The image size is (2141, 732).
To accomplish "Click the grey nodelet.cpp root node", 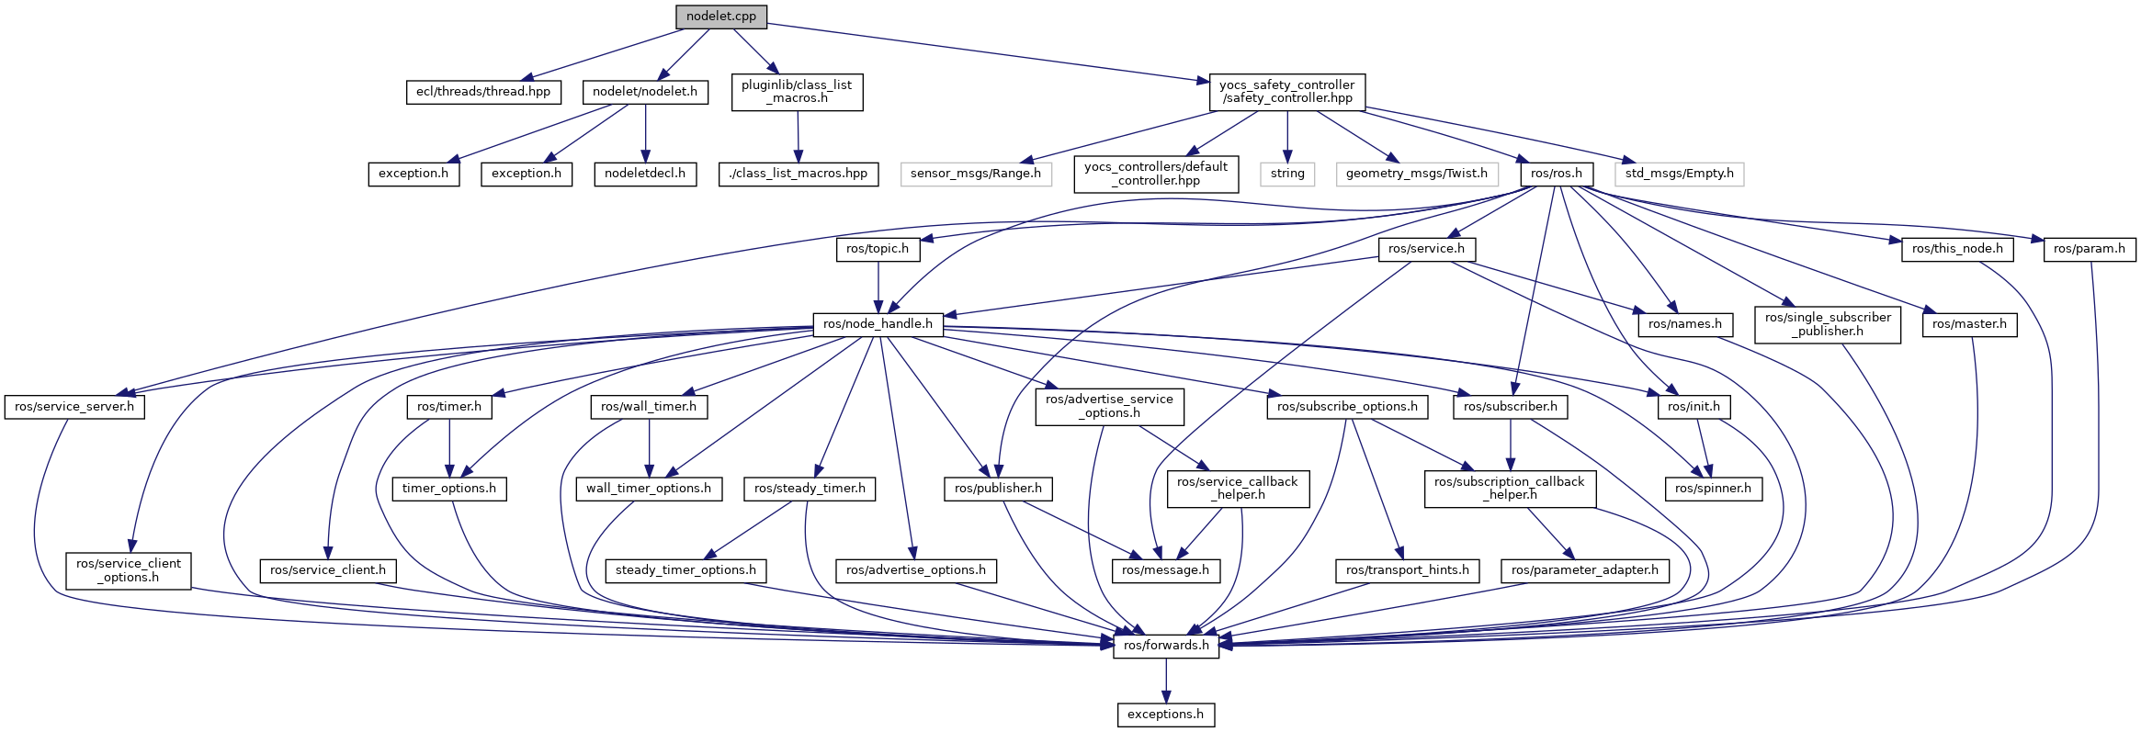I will [720, 17].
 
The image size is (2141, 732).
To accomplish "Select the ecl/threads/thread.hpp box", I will [483, 92].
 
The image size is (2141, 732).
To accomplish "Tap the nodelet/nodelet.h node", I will [645, 92].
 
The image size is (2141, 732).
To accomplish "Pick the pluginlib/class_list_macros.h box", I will [797, 92].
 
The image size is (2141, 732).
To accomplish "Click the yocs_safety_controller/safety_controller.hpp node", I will [1286, 92].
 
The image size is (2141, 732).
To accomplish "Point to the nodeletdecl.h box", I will [645, 174].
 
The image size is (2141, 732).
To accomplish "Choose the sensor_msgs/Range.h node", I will [976, 174].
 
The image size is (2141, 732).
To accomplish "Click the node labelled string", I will [1287, 174].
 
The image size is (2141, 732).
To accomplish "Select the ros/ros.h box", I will [1557, 174].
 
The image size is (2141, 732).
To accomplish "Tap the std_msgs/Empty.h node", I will [1679, 174].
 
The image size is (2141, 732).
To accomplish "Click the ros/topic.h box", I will [878, 249].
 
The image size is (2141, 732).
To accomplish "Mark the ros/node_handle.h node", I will [878, 324].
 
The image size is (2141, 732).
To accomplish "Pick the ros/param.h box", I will [2090, 249].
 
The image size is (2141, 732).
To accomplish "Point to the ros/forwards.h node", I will [1166, 646].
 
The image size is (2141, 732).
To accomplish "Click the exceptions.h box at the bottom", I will [1166, 715].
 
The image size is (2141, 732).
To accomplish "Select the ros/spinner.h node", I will [1713, 489].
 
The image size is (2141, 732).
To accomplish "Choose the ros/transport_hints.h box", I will [1408, 570].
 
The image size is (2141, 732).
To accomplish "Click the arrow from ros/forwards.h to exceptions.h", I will [1166, 681].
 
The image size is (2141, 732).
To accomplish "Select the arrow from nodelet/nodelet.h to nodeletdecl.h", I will [645, 133].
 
